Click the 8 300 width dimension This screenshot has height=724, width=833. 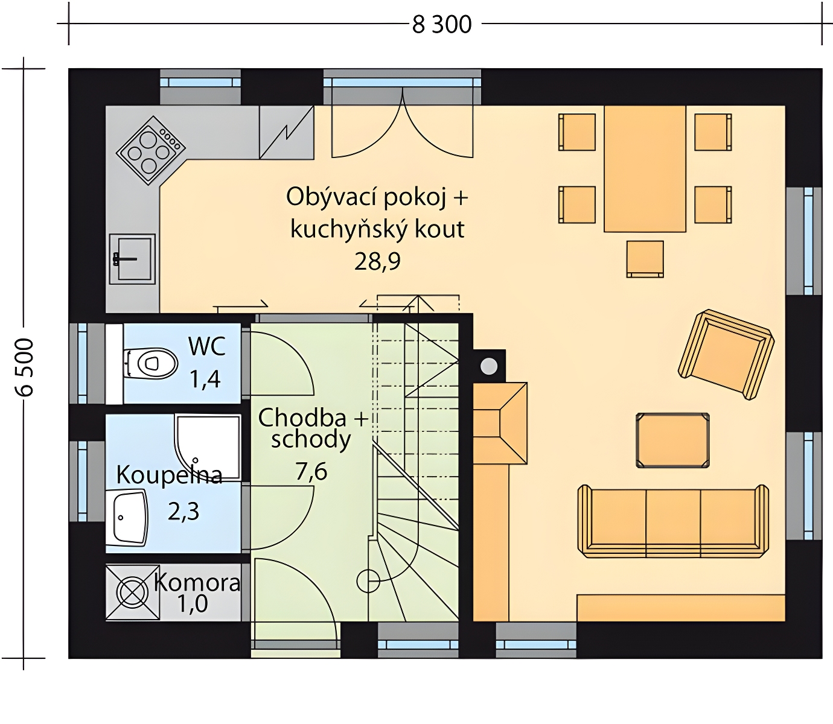442,25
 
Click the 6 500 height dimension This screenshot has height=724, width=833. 24,367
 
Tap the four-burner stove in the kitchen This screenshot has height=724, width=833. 151,151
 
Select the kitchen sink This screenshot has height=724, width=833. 132,259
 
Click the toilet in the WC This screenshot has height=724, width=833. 150,363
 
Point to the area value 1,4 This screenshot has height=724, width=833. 205,379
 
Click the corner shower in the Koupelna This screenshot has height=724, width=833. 207,447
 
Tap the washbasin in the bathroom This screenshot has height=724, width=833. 127,517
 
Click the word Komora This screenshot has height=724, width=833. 197,583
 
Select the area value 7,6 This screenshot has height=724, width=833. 311,472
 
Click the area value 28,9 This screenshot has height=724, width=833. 377,261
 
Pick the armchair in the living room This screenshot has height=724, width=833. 726,355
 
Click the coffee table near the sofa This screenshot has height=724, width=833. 672,440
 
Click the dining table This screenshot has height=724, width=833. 645,169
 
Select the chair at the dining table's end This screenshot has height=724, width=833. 645,259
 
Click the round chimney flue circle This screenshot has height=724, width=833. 489,366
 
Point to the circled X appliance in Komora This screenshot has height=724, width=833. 132,592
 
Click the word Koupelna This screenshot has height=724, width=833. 170,475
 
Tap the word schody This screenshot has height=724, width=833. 311,439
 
